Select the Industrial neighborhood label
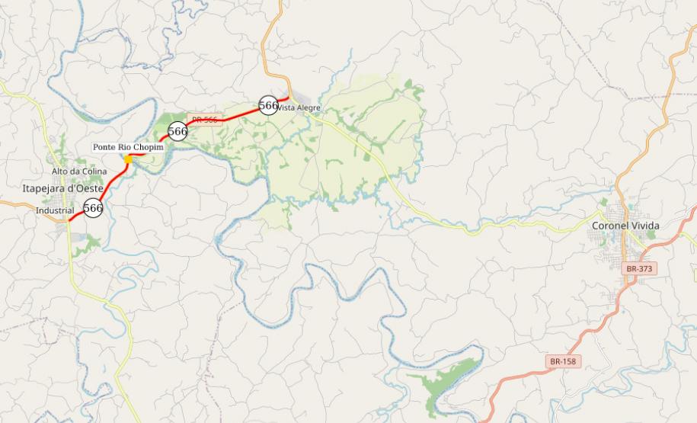tap(55, 210)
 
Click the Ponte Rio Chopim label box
tap(129, 146)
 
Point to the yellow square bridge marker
tap(128, 159)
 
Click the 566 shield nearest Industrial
tap(93, 207)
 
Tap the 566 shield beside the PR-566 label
tap(177, 131)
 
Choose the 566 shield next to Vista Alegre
tap(268, 105)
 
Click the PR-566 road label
tap(204, 120)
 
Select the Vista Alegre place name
tap(299, 108)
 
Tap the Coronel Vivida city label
tap(625, 226)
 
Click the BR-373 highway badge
tap(638, 269)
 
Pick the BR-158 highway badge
tap(562, 361)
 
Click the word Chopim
tap(150, 146)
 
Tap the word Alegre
tap(309, 108)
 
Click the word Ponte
tap(104, 146)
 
